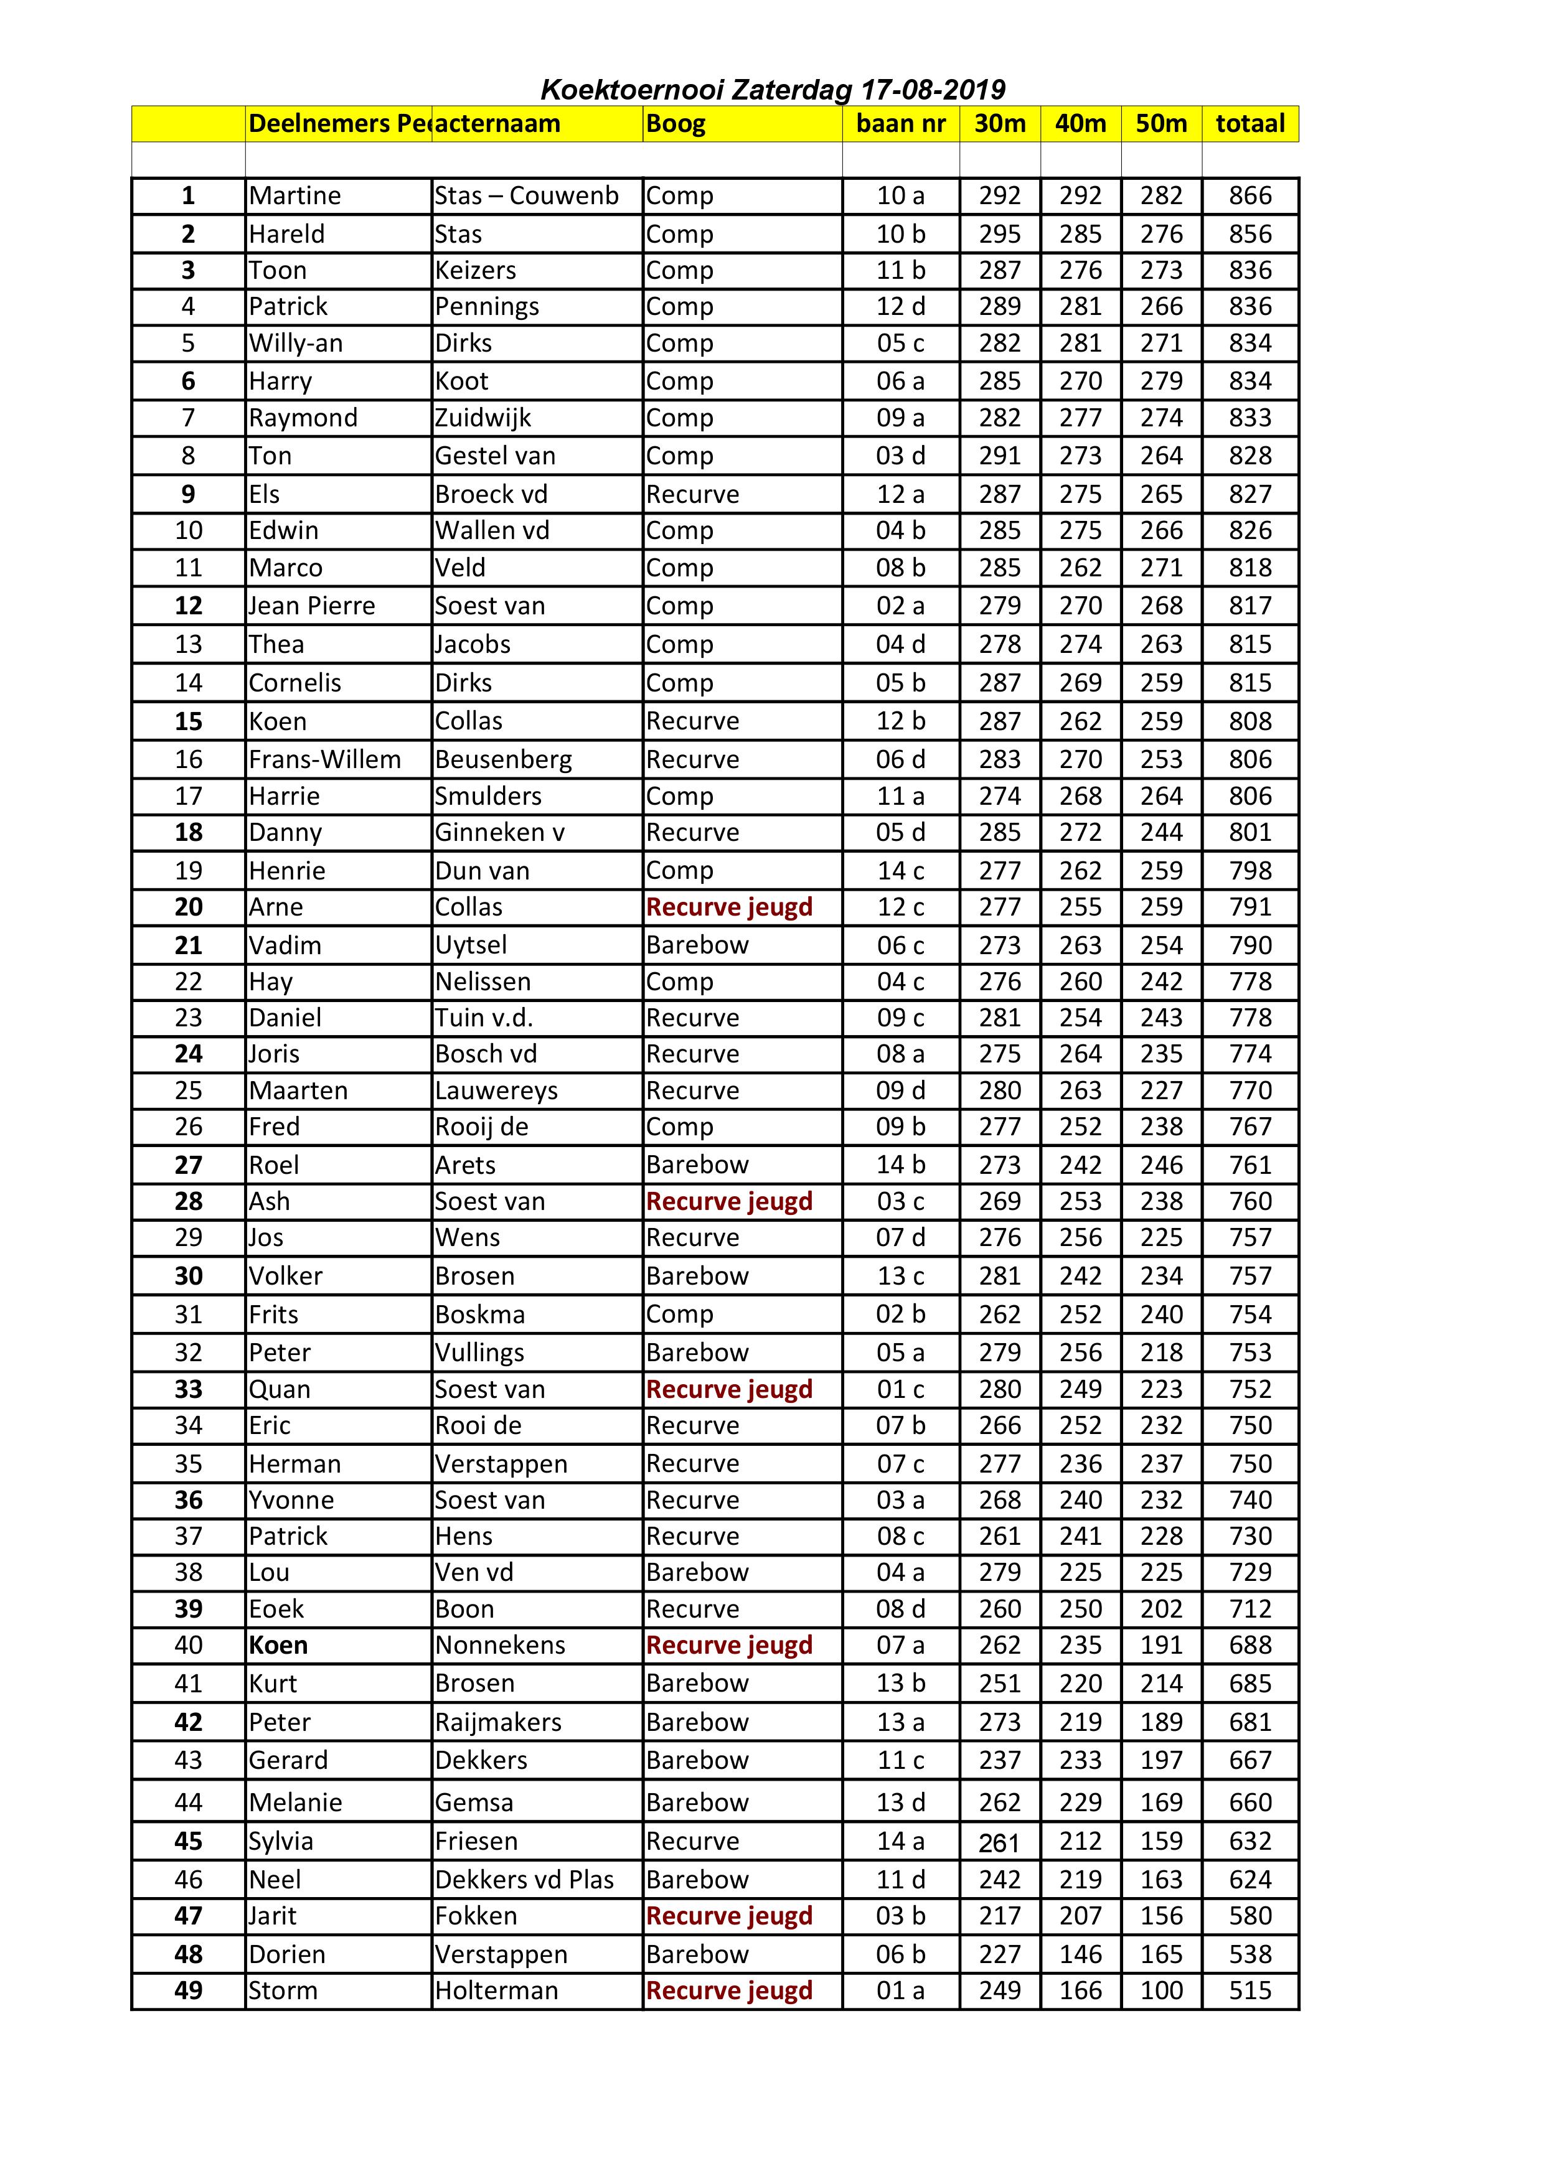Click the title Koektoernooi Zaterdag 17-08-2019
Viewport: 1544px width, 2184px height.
[x=773, y=90]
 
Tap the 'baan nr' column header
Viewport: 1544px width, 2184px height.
[x=900, y=124]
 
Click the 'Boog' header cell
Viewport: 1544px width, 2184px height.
[x=675, y=124]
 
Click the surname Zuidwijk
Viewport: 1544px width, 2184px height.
[x=482, y=418]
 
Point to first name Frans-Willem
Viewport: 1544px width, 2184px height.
[x=324, y=759]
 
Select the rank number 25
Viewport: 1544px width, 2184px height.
[x=189, y=1090]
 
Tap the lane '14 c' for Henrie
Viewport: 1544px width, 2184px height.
[x=900, y=870]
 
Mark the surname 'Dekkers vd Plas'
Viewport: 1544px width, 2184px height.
[x=524, y=1880]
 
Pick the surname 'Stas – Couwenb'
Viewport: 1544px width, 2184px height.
[x=526, y=196]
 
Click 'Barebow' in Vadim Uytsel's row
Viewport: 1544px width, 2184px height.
[x=697, y=945]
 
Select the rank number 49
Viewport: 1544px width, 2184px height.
[x=189, y=1990]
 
